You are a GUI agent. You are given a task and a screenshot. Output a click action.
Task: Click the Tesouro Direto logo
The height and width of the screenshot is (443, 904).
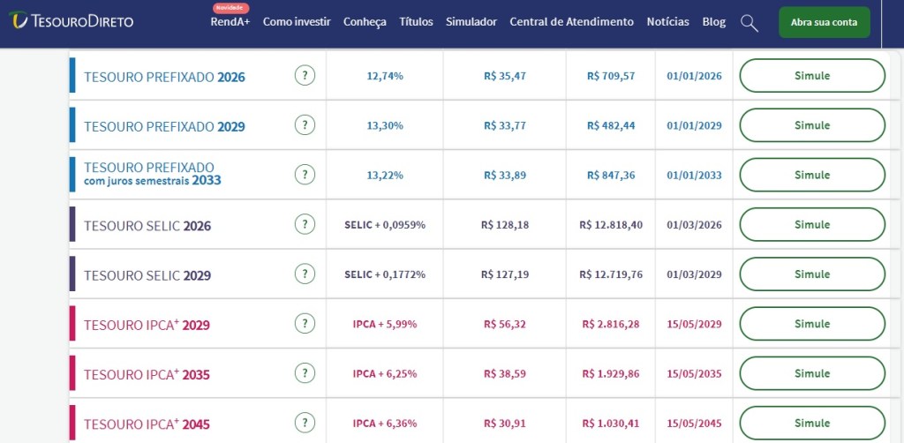pyautogui.click(x=72, y=20)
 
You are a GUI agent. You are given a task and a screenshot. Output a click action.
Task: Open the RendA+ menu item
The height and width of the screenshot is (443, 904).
pyautogui.click(x=230, y=21)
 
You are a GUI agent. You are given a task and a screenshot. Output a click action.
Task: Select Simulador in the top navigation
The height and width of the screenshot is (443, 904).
pyautogui.click(x=471, y=21)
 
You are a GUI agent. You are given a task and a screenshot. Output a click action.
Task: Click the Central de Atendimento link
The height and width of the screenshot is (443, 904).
pyautogui.click(x=571, y=21)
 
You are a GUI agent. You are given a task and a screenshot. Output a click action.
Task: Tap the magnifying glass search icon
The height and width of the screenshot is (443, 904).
pyautogui.click(x=749, y=23)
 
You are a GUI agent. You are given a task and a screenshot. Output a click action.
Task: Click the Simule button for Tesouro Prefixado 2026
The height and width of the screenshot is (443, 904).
pyautogui.click(x=811, y=76)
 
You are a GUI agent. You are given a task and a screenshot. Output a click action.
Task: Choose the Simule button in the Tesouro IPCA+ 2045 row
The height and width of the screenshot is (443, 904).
pyautogui.click(x=811, y=423)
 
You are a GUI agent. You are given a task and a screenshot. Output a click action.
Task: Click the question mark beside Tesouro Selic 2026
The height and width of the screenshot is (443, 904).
pyautogui.click(x=305, y=225)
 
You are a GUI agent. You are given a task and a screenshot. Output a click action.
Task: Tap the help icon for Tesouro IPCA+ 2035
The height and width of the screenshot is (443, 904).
pyautogui.click(x=305, y=373)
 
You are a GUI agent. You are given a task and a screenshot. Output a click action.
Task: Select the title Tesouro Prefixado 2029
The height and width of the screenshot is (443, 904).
pyautogui.click(x=164, y=126)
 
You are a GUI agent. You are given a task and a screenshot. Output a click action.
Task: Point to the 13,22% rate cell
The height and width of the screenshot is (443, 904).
pyautogui.click(x=385, y=175)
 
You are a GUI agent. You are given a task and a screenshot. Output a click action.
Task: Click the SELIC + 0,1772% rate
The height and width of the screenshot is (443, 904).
pyautogui.click(x=385, y=274)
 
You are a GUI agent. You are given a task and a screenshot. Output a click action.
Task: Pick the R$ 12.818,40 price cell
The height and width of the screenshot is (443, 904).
pyautogui.click(x=611, y=225)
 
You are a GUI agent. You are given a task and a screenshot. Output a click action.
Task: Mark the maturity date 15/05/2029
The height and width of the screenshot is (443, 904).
pyautogui.click(x=695, y=324)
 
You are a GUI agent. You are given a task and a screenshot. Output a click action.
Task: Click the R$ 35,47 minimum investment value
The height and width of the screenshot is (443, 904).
pyautogui.click(x=505, y=76)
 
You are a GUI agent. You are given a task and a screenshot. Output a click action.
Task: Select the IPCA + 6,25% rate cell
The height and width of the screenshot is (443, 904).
pyautogui.click(x=385, y=373)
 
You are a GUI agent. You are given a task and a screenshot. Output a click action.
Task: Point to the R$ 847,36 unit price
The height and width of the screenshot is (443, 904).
pyautogui.click(x=611, y=175)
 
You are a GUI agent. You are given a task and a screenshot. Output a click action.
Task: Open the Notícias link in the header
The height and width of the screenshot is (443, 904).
pyautogui.click(x=667, y=21)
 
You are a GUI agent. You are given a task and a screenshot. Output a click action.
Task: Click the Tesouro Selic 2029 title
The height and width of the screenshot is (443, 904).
pyautogui.click(x=147, y=275)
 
